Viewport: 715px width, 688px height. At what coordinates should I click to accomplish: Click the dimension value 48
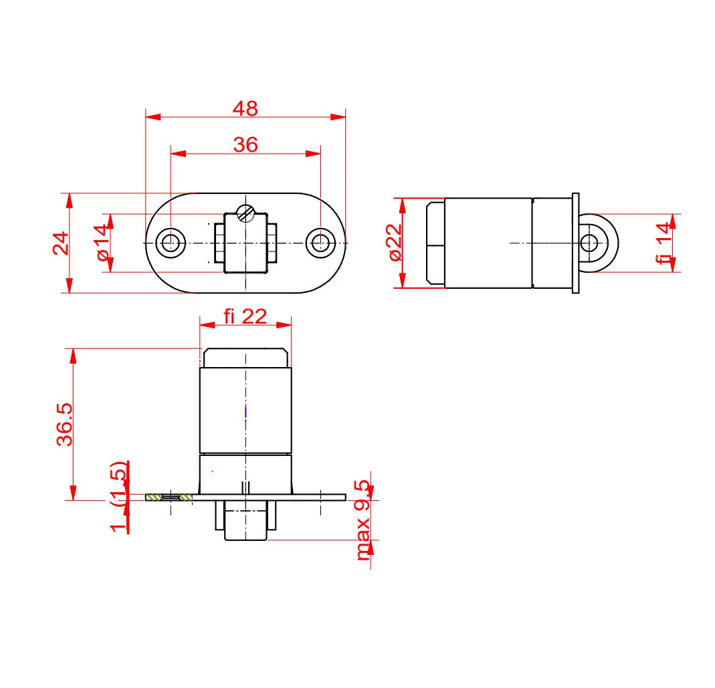(x=245, y=108)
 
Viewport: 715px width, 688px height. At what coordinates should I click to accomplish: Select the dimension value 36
(x=245, y=144)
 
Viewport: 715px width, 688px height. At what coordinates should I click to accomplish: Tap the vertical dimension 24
(x=61, y=243)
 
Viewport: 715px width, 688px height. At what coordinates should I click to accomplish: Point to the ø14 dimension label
(x=102, y=243)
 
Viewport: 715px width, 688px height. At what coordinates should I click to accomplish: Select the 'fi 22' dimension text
(x=245, y=316)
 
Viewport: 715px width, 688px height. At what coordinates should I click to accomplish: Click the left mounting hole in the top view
(x=171, y=243)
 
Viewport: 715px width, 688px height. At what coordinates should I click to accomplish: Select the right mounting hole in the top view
(x=320, y=243)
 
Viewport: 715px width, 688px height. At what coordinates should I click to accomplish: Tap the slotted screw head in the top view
(x=246, y=214)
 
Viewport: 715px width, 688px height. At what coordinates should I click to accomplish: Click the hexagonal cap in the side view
(x=435, y=243)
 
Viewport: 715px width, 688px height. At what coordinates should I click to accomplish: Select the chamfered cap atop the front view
(x=245, y=358)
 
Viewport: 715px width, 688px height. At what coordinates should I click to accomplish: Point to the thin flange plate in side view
(x=575, y=243)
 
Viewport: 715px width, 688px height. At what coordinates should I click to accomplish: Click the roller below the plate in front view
(x=245, y=522)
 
